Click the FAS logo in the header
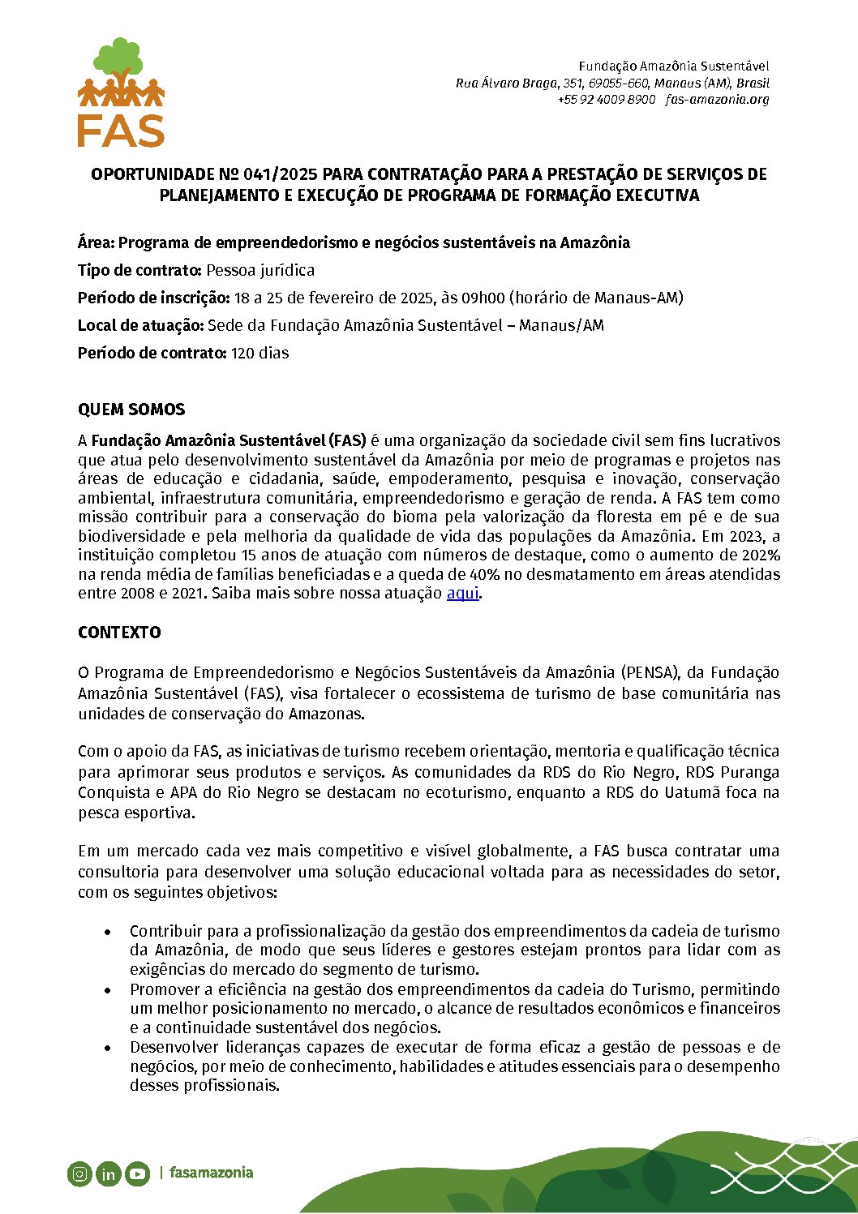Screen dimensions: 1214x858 [121, 92]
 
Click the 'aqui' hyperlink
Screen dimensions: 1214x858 [462, 593]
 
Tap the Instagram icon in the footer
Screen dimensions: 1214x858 [79, 1173]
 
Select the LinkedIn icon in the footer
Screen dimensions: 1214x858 [109, 1173]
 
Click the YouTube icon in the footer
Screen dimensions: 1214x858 [138, 1173]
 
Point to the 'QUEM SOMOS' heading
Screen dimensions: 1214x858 [131, 410]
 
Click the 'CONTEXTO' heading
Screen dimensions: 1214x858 [119, 633]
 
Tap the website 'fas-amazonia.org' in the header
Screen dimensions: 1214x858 [717, 100]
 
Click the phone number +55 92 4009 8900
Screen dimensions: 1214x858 [606, 100]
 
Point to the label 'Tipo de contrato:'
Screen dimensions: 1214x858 [139, 271]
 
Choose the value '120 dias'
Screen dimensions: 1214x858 [260, 354]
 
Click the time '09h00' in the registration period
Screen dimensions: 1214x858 [483, 298]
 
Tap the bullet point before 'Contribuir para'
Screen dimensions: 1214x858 [108, 932]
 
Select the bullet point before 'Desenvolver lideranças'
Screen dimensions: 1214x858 [108, 1048]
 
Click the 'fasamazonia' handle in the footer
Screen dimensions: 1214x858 [211, 1173]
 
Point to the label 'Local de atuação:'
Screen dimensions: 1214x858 [141, 326]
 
